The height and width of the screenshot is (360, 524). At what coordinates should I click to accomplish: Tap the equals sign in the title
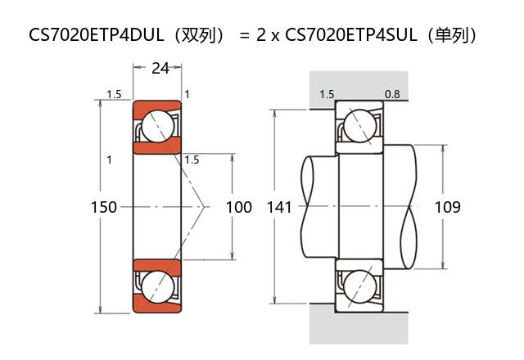pyautogui.click(x=243, y=35)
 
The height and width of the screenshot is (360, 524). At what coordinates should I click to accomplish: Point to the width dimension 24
pyautogui.click(x=160, y=69)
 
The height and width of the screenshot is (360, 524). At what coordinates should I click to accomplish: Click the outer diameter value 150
pyautogui.click(x=103, y=207)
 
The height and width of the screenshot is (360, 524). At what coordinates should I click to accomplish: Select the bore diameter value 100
pyautogui.click(x=238, y=207)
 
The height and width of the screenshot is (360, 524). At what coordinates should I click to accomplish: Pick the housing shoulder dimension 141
pyautogui.click(x=279, y=207)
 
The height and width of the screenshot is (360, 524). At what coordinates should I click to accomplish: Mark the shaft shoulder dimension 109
pyautogui.click(x=447, y=207)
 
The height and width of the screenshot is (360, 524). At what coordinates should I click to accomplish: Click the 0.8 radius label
pyautogui.click(x=392, y=94)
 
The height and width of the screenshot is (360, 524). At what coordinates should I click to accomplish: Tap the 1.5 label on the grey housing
pyautogui.click(x=327, y=94)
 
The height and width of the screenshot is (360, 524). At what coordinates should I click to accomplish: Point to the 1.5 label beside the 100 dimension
pyautogui.click(x=192, y=160)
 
